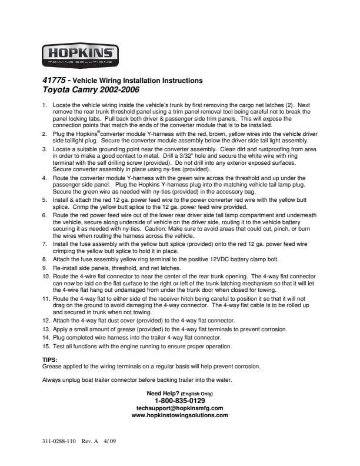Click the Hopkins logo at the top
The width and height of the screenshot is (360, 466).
[81, 55]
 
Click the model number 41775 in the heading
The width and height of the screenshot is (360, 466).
[53, 81]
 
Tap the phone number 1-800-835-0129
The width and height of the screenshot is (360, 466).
[179, 401]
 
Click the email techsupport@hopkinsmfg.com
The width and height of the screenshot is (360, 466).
[179, 408]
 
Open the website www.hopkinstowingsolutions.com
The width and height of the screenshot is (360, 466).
[179, 415]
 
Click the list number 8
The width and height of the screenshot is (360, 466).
[45, 259]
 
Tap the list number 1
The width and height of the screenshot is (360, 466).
[45, 105]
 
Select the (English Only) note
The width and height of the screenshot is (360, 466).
[195, 394]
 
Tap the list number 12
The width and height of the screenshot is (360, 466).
[46, 321]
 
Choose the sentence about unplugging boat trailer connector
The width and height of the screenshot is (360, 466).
[138, 380]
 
